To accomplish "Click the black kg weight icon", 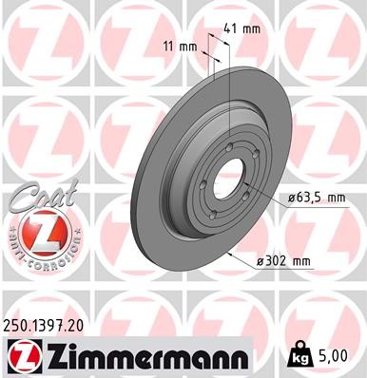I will [x=300, y=354].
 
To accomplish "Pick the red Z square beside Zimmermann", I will [x=19, y=356].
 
